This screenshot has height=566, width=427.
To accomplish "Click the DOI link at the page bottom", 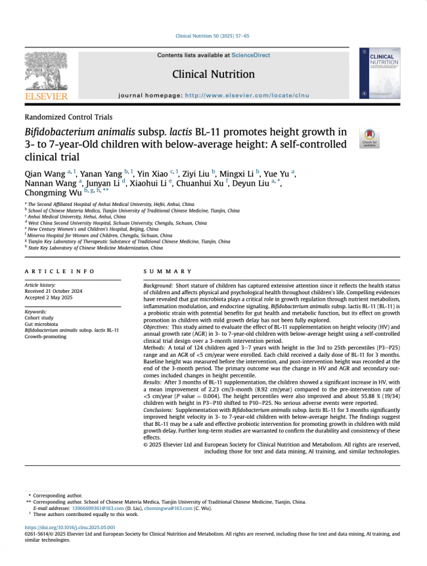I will click(x=70, y=527).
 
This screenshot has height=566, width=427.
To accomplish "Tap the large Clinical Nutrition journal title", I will click(x=213, y=74).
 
